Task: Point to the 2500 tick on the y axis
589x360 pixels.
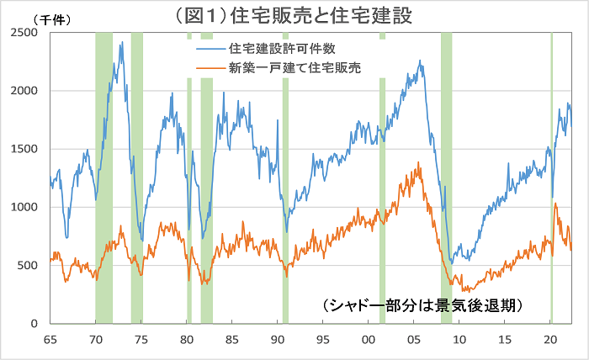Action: point(28,33)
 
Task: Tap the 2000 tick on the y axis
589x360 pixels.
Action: point(28,91)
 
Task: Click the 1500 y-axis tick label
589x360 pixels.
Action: point(28,149)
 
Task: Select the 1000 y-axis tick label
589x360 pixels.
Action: point(28,207)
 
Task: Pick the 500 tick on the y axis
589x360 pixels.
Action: point(31,266)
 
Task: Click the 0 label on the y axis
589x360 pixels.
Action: point(38,324)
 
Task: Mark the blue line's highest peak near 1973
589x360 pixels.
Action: point(123,42)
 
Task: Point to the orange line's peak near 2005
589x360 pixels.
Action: point(418,163)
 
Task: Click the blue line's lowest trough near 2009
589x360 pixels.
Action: point(452,263)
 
